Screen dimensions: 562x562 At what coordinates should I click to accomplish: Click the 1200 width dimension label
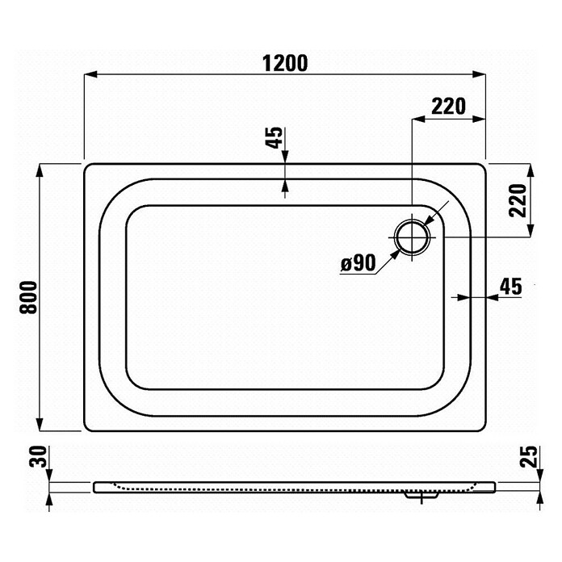pos(285,64)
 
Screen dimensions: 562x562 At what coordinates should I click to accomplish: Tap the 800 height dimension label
pos(29,297)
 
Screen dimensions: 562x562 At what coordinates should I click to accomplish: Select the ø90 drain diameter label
pos(358,263)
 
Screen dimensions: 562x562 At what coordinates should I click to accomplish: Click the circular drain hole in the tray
pos(413,237)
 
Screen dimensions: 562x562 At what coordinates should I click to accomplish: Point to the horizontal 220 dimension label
pos(448,107)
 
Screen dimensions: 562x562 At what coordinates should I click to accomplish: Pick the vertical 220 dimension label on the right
pos(518,200)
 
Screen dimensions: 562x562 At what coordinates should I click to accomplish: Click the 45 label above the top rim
pos(275,137)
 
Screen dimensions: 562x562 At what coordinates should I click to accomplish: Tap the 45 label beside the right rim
pos(511,287)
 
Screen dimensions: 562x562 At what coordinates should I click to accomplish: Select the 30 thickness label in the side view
pos(38,456)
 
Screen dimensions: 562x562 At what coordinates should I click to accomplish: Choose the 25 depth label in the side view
pos(529,456)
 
